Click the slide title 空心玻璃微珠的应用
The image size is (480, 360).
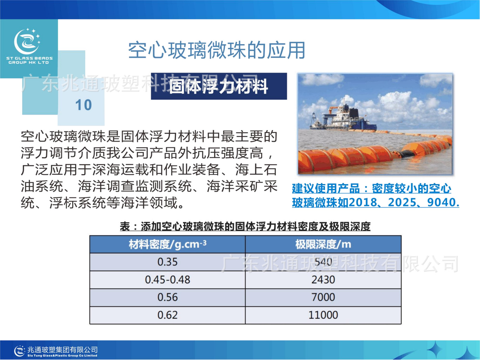216,50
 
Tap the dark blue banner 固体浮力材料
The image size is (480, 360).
219,86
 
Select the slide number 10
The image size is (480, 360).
83,105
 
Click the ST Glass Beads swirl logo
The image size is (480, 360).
27,41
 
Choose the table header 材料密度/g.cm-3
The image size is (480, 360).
168,244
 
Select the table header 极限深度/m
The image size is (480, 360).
323,244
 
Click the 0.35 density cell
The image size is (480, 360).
168,262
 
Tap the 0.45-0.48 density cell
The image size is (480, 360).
168,280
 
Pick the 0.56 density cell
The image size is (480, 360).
168,298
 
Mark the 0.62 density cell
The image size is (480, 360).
168,315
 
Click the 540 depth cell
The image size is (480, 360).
323,262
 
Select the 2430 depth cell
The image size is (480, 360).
323,280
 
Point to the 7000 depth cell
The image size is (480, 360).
323,298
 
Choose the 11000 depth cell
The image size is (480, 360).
323,315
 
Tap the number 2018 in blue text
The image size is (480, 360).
363,202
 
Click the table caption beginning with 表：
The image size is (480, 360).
245,226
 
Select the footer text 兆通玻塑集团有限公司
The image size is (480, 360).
62,350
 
